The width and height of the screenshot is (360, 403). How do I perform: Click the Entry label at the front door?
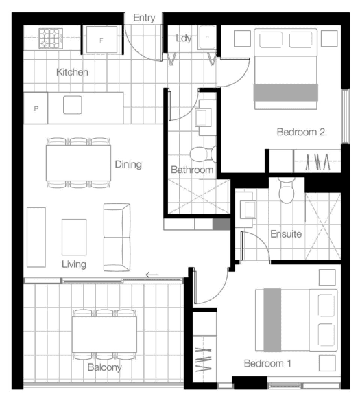click(x=144, y=18)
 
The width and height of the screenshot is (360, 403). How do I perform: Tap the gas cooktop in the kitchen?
click(x=51, y=38)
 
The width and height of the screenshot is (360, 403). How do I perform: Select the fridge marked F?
click(x=101, y=40)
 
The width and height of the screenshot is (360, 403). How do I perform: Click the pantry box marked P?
click(x=36, y=108)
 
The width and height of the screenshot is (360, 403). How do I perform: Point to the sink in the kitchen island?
click(x=73, y=105)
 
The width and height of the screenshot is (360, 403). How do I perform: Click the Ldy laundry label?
click(x=184, y=38)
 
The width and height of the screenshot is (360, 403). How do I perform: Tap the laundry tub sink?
click(x=206, y=38)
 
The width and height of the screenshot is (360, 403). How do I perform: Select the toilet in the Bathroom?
click(x=203, y=154)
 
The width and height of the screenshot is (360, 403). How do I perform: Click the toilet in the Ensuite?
click(x=287, y=191)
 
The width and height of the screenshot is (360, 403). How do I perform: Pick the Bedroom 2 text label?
click(x=300, y=132)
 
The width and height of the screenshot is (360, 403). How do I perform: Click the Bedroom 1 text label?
click(x=267, y=363)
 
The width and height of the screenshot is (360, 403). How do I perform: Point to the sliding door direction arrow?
click(x=152, y=275)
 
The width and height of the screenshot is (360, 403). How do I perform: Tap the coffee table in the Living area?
click(x=74, y=237)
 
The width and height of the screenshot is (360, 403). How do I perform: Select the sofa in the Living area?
click(x=117, y=238)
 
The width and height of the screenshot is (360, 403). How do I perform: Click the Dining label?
click(x=128, y=164)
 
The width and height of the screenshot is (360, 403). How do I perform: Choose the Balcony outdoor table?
click(x=104, y=334)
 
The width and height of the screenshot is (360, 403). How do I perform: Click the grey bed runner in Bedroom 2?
click(x=286, y=92)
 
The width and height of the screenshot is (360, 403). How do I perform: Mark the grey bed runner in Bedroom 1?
click(x=272, y=320)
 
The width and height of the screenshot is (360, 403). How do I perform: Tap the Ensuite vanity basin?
click(x=248, y=209)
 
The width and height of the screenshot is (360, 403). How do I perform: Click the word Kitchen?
click(x=72, y=72)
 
